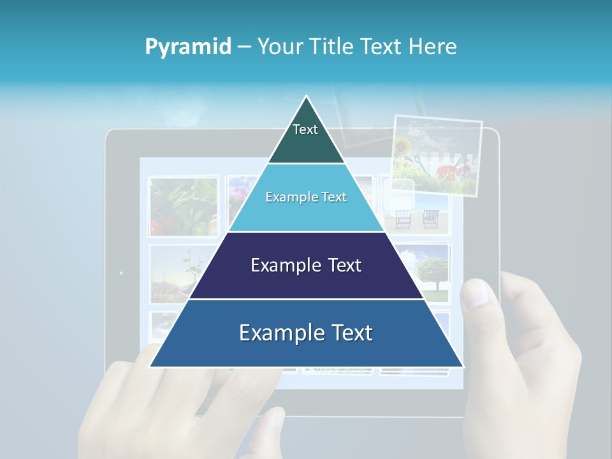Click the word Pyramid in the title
click(x=188, y=47)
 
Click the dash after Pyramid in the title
click(x=244, y=47)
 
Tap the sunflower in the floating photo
click(x=403, y=147)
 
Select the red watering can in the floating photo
click(x=453, y=171)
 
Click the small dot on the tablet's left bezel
click(x=121, y=273)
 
